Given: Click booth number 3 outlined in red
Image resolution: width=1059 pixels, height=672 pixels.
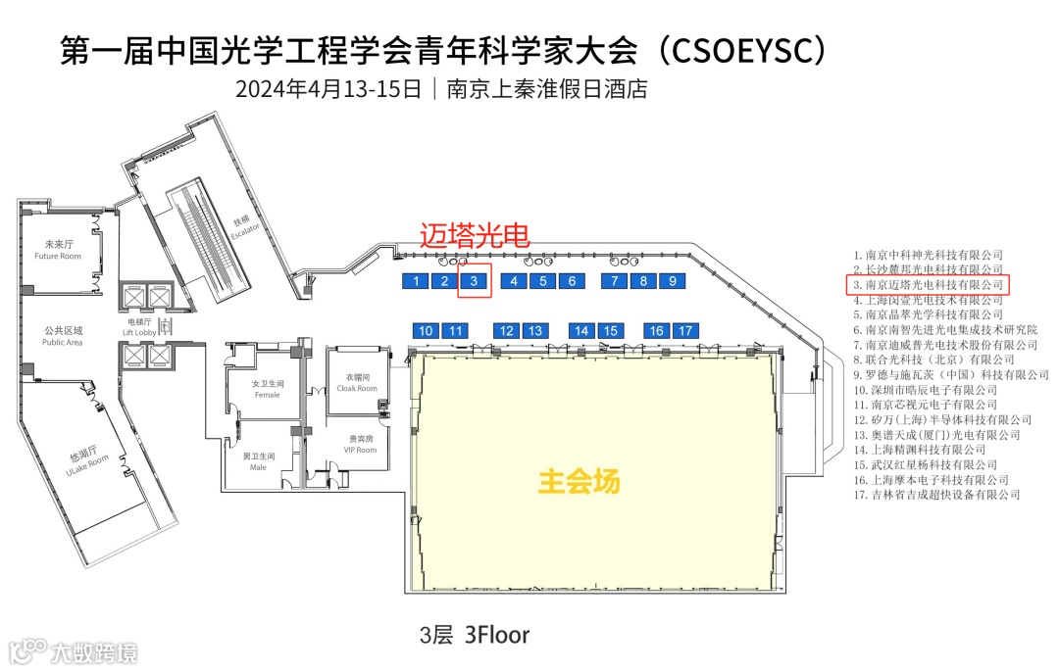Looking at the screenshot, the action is pos(475,281).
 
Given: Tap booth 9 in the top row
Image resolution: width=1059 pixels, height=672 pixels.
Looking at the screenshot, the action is pos(672,281).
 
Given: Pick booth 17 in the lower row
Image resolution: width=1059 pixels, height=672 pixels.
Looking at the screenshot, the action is pos(685,331).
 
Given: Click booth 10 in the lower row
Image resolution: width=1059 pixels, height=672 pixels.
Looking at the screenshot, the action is pos(427,331).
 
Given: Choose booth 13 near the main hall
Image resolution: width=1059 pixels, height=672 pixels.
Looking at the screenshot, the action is pos(534,331).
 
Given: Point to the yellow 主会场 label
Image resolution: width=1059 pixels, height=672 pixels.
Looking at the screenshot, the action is pos(580,482).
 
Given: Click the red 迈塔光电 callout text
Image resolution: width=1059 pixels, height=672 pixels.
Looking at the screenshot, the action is pos(475,235).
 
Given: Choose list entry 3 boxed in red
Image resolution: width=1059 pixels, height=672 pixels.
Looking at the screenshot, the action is pos(928,284).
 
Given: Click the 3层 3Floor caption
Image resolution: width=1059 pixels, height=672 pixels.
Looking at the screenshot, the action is pos(475,635).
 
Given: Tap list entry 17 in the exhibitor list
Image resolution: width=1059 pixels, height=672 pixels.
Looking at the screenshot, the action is pos(936,496).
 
